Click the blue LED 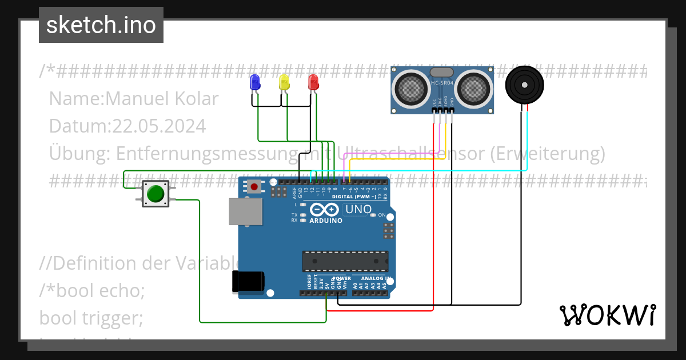click(254, 82)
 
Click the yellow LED click(284, 82)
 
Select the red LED click(313, 82)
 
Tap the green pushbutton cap click(155, 194)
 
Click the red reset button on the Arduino click(254, 187)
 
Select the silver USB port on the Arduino click(246, 211)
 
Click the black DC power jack click(248, 282)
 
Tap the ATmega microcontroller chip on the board click(345, 261)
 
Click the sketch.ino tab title click(101, 25)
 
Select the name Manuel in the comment click(135, 99)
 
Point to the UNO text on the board click(358, 210)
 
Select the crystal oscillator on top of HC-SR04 click(441, 72)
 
